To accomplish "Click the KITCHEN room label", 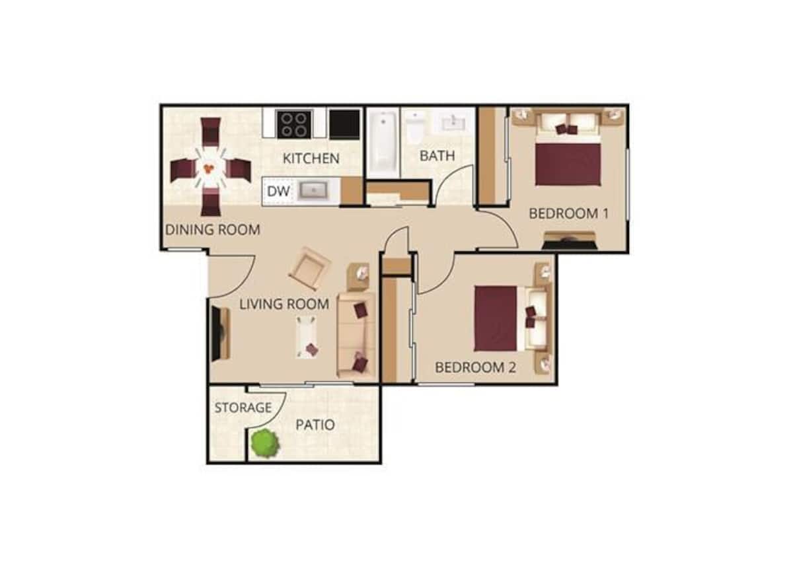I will (311, 159).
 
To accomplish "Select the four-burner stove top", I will (293, 124).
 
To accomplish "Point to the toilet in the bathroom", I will (416, 127).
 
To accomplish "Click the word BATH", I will (437, 157).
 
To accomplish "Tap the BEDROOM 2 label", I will (475, 368).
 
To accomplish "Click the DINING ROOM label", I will (212, 230).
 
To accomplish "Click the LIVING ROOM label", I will (283, 304).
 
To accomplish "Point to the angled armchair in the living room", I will (309, 268).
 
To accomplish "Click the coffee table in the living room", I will (307, 337).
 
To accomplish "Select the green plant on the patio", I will (265, 443).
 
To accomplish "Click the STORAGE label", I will (243, 408).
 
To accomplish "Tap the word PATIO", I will (315, 425).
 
